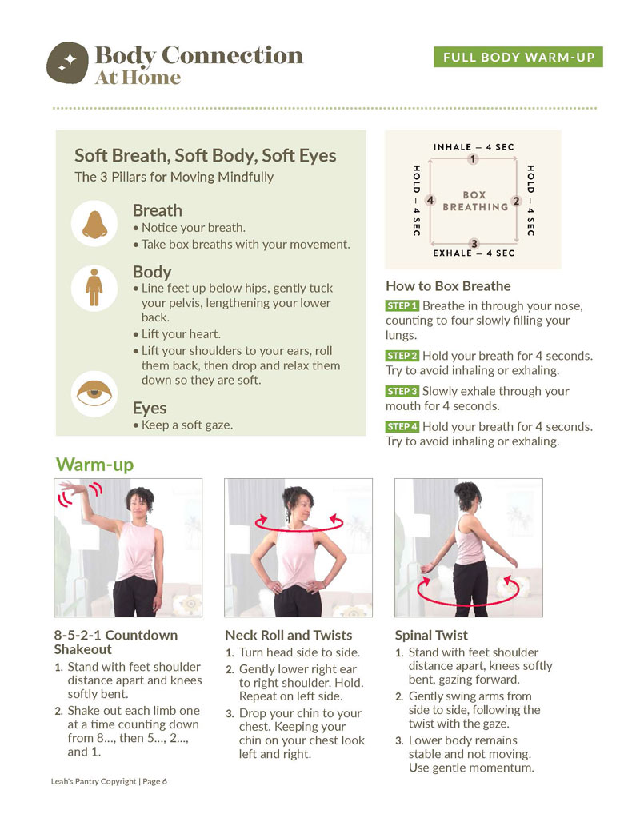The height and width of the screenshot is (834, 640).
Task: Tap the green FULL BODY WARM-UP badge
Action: pos(518,58)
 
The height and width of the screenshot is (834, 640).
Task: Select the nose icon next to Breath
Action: pos(94,222)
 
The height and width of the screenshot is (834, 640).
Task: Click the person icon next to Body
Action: pos(94,287)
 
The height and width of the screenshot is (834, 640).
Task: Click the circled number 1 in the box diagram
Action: pos(473,159)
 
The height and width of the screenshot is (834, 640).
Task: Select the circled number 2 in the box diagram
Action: pos(516,202)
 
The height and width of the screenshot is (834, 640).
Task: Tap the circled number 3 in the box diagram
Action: pos(474,243)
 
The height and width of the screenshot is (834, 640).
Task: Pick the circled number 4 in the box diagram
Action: pos(430,200)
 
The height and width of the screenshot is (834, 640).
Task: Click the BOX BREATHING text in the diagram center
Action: pos(474,201)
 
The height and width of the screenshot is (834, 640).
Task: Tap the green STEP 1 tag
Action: pos(402,306)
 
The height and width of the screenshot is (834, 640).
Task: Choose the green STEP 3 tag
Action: pos(402,392)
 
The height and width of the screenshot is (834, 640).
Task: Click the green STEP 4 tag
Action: pos(402,427)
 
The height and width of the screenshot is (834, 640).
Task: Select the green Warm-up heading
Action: pos(94,465)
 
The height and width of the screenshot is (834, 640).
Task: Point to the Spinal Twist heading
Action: pos(431,636)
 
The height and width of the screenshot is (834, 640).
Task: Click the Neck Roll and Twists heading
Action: pos(288,636)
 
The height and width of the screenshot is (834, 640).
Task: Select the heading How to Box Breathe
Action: pos(448,286)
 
